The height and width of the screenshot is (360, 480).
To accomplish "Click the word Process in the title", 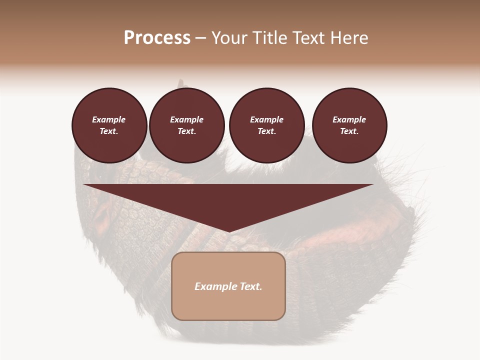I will (x=157, y=38).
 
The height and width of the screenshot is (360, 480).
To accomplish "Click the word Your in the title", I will (x=231, y=38).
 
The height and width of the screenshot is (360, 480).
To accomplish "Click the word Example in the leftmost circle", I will (x=109, y=119).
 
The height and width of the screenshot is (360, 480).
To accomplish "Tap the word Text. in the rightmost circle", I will (x=349, y=131).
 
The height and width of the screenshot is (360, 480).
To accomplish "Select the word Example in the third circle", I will (x=266, y=119).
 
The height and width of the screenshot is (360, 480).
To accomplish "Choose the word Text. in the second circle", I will (x=187, y=131).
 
